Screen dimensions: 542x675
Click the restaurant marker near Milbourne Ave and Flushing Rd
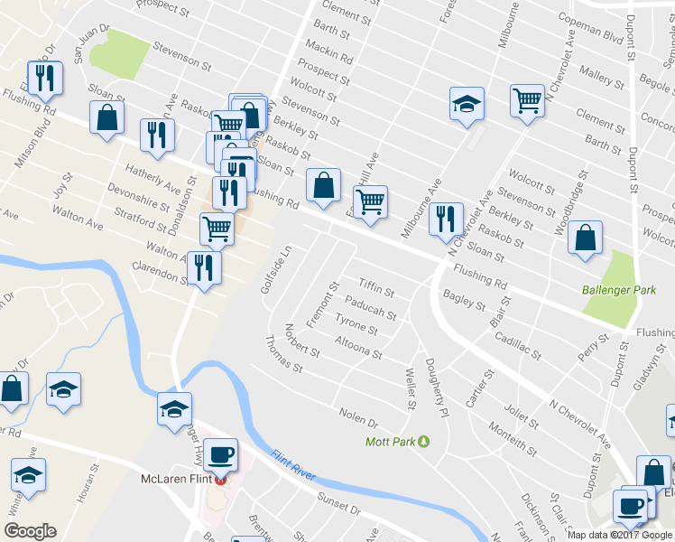point(446,219)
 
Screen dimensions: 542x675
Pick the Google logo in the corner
point(30,531)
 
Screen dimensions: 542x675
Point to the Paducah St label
point(371,308)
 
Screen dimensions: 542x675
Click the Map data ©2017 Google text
point(620,535)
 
